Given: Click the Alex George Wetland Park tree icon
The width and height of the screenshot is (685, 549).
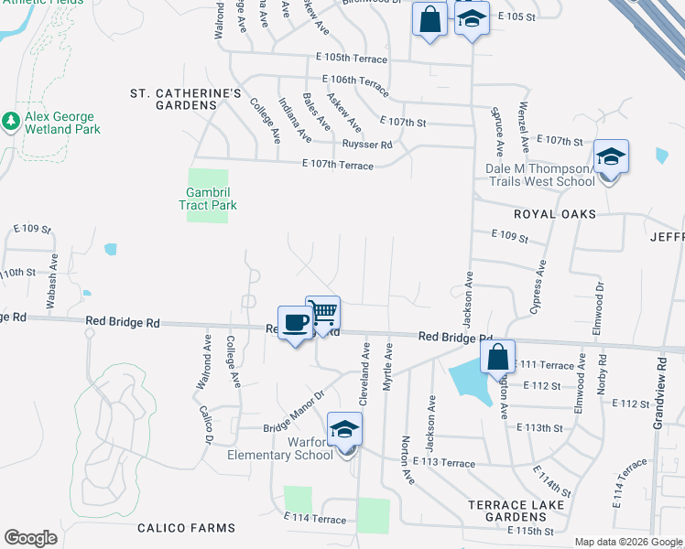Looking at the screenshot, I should [x=11, y=121].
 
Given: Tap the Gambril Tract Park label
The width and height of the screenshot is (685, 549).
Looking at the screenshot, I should [x=208, y=199].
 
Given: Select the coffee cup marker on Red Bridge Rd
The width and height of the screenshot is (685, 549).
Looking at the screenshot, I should [x=294, y=324].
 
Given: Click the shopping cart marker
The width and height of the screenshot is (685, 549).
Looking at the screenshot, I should [x=322, y=314].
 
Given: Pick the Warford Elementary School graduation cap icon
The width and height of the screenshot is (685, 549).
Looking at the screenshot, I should [x=345, y=430].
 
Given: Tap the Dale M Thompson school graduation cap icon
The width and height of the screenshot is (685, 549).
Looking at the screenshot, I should [x=611, y=157].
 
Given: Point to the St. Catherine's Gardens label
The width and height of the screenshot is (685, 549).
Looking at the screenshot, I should [x=186, y=99].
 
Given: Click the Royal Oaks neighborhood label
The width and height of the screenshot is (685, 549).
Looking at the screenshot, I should [x=554, y=214].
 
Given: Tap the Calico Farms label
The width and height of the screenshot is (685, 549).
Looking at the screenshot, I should [x=186, y=528].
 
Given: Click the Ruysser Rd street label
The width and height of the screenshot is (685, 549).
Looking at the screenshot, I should [x=366, y=145].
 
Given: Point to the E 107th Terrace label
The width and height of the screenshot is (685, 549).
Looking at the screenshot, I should [x=338, y=166].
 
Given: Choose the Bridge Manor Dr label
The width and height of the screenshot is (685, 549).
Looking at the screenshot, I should [x=296, y=413].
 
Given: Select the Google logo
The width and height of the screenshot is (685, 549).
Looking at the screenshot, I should [x=30, y=538].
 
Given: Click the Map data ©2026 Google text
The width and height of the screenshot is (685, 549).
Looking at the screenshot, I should [x=627, y=542].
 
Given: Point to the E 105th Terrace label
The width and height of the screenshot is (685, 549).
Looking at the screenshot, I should [x=351, y=59].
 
